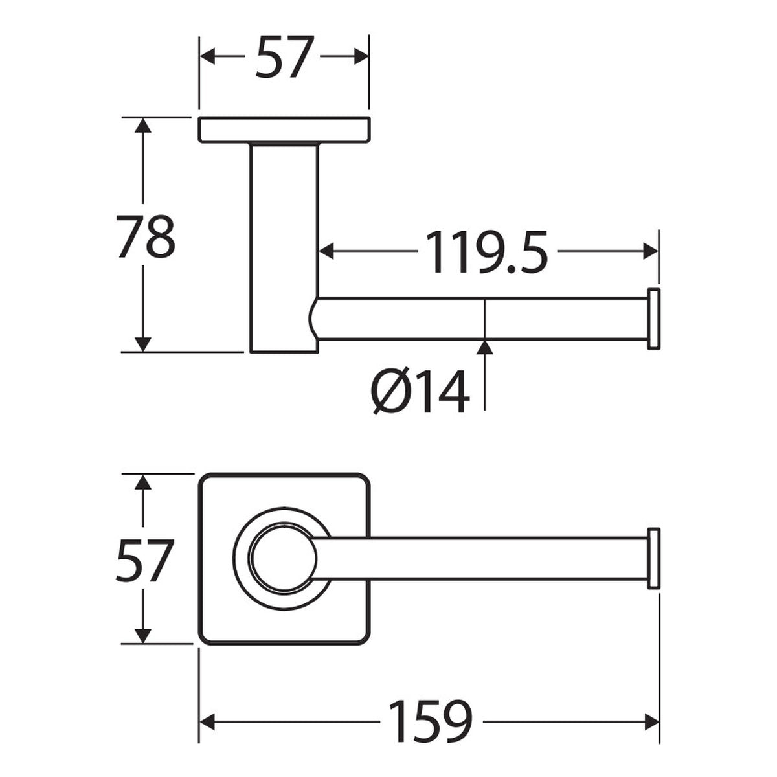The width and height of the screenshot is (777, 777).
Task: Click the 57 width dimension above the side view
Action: (x=285, y=57)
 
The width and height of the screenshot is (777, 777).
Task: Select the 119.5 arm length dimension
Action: (x=487, y=252)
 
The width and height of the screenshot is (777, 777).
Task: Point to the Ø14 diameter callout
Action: (x=421, y=392)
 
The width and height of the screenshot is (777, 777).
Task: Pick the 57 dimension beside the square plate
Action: (x=145, y=561)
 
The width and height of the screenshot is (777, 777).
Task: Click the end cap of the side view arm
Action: (x=653, y=319)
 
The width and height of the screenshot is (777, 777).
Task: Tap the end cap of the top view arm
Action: (x=653, y=558)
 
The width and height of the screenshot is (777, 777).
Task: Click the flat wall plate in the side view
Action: (x=284, y=129)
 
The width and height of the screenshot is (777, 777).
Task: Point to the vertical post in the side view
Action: (x=284, y=247)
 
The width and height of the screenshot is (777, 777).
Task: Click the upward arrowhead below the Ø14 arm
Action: (x=484, y=348)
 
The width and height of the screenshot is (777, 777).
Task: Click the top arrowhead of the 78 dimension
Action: (x=142, y=125)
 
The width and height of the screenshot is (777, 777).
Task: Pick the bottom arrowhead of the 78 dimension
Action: (x=142, y=344)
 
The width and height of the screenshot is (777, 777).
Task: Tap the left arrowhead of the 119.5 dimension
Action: (x=326, y=251)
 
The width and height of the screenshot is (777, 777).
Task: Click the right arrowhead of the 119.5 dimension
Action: (x=651, y=251)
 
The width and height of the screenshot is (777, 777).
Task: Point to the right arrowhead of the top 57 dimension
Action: (x=361, y=56)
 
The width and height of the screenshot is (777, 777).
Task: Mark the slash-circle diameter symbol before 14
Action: (x=389, y=392)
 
